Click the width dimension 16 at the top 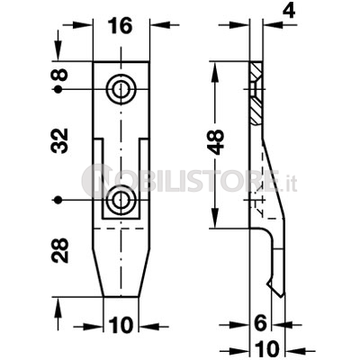click(120, 26)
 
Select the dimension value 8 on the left click(59, 75)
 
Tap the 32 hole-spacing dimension click(59, 140)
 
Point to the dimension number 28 click(59, 250)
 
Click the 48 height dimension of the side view click(216, 141)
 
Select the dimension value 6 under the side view click(260, 323)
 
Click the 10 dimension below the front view click(121, 326)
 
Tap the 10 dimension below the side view click(268, 349)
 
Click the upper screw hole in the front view click(121, 89)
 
